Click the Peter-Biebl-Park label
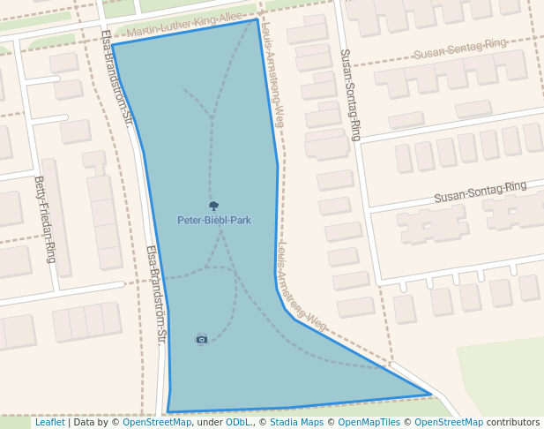point(214,220)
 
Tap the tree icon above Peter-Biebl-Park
point(213,206)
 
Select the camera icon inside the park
point(202,339)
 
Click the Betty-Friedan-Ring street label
point(46,219)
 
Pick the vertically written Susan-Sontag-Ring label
point(350,94)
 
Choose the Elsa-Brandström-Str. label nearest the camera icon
point(155,293)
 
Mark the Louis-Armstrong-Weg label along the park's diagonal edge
point(302,287)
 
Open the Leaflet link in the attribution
point(49,422)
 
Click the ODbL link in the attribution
point(238,422)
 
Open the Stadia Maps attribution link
point(296,422)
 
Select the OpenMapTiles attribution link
point(369,422)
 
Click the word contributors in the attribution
point(513,422)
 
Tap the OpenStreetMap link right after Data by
point(157,422)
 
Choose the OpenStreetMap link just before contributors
point(449,422)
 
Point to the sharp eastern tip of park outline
point(430,394)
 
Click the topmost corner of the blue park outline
point(257,19)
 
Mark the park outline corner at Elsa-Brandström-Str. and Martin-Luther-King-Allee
point(112,45)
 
